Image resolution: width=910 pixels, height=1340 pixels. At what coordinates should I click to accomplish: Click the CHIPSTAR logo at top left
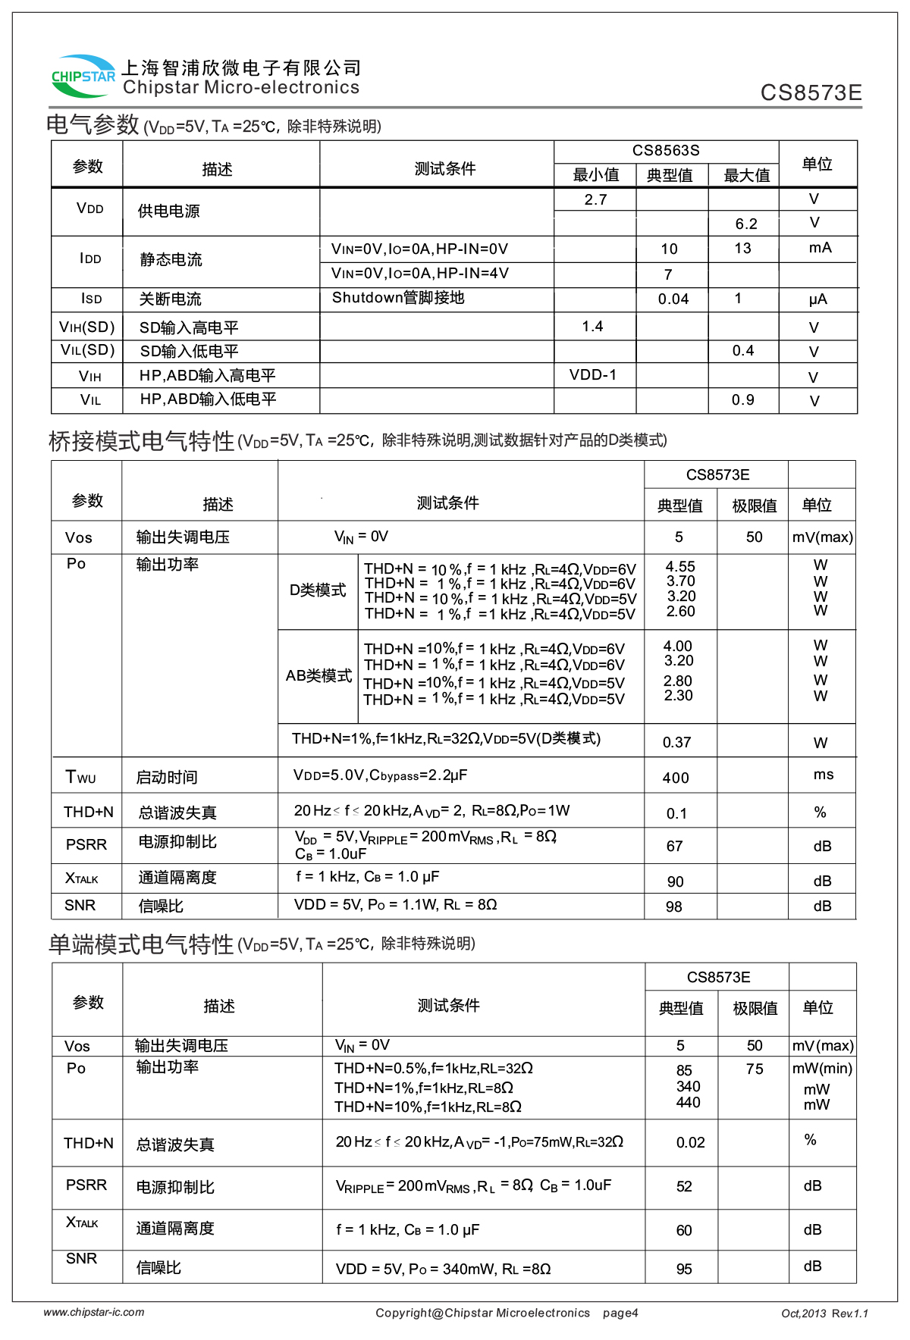[x=83, y=76]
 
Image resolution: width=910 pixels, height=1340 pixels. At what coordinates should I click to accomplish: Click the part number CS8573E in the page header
[x=811, y=93]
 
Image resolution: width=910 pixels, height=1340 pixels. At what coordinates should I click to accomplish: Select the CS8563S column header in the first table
[x=666, y=151]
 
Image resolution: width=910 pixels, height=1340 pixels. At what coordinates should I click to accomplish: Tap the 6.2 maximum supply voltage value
[x=746, y=224]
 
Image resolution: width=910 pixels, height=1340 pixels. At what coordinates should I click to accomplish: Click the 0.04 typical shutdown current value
[x=673, y=299]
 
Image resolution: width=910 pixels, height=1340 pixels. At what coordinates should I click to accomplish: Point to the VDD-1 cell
[x=593, y=375]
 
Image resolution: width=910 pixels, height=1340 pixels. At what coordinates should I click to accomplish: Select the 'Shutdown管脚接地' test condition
[x=398, y=298]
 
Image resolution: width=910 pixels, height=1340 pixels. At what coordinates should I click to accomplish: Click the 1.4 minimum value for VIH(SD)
[x=592, y=327]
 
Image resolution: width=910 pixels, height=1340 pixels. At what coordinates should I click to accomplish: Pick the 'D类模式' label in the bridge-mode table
[x=318, y=590]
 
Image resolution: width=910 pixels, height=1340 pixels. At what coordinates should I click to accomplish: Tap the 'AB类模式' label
[x=318, y=676]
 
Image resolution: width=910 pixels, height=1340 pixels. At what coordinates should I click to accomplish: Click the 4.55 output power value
[x=680, y=567]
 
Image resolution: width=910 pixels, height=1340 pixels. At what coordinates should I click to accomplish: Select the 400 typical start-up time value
[x=676, y=778]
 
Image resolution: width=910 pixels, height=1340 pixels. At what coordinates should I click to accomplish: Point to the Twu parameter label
[x=80, y=778]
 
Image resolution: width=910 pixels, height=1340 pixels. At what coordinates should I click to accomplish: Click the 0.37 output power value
[x=676, y=743]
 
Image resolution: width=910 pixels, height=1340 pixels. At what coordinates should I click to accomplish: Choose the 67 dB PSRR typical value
[x=674, y=847]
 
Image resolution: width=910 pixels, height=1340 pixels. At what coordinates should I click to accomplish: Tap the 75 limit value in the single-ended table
[x=755, y=1069]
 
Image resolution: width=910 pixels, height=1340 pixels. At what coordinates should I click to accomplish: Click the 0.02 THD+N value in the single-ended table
[x=690, y=1143]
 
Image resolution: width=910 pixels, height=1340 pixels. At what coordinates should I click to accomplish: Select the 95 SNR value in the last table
[x=684, y=1270]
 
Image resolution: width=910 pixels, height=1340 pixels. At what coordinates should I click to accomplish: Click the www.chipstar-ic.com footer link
[x=94, y=1313]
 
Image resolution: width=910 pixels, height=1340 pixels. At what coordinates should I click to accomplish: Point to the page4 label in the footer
[x=620, y=1313]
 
